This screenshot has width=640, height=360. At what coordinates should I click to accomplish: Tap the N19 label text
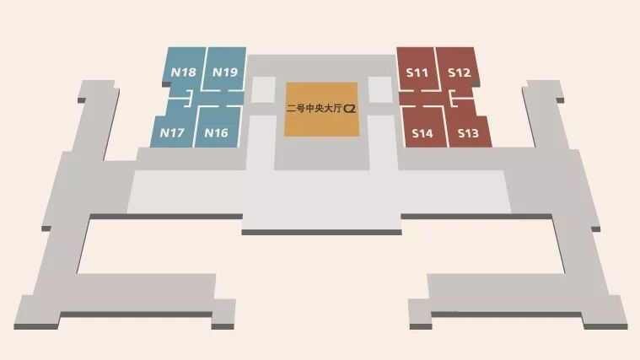click(x=224, y=73)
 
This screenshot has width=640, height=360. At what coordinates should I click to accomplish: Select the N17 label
click(x=172, y=132)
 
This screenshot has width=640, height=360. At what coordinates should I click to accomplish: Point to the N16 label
click(x=216, y=132)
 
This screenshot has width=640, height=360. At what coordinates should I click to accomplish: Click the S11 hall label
click(x=417, y=73)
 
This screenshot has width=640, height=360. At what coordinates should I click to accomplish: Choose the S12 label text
click(x=459, y=73)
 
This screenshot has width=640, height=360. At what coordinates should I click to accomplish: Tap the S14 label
click(x=422, y=133)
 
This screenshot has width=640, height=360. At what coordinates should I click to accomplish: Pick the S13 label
click(x=468, y=133)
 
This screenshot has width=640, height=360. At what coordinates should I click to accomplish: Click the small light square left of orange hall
click(x=263, y=90)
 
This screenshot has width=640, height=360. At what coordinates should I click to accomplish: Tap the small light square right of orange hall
click(x=380, y=90)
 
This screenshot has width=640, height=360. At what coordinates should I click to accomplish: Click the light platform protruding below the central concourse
click(x=320, y=221)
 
